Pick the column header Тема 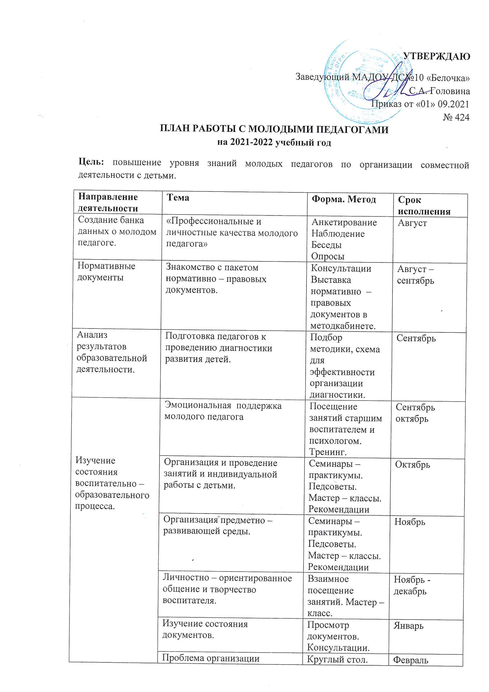point(178,197)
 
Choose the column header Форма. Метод point(344,199)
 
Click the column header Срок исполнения point(424,205)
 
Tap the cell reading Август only point(412,223)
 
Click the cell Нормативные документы point(106,271)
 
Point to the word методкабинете point(343,326)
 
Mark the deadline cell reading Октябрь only point(412,464)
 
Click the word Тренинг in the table point(328,452)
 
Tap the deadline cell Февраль point(410,660)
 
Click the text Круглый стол point(337,659)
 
